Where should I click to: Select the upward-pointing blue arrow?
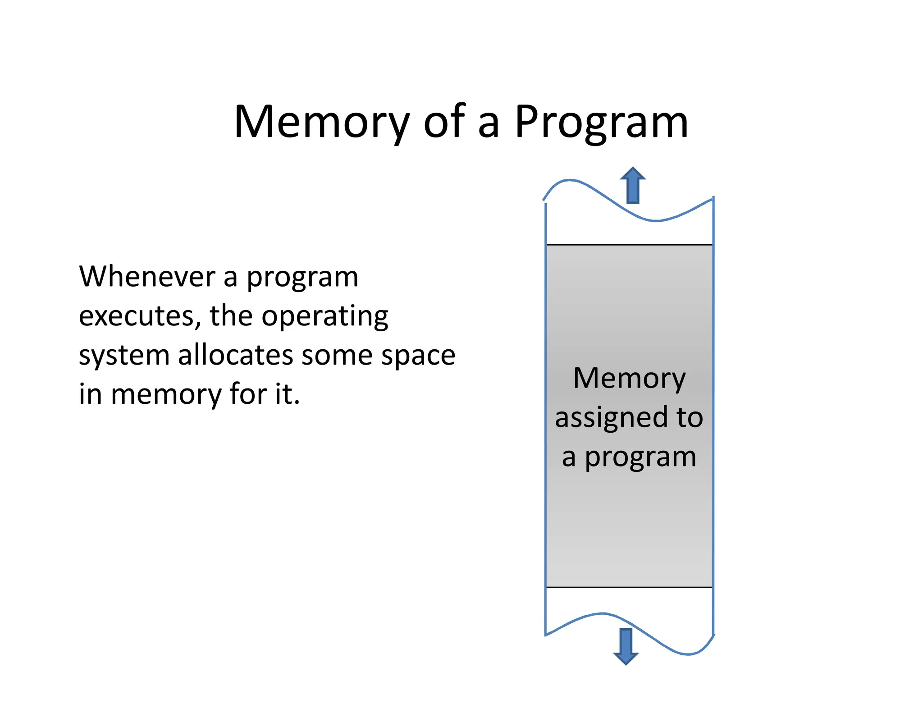tap(633, 185)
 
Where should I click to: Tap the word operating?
tap(325, 316)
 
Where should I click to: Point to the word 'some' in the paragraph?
tap(337, 356)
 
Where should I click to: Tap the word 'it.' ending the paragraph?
tap(288, 394)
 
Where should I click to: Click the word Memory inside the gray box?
tap(629, 378)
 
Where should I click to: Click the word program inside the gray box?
tap(640, 457)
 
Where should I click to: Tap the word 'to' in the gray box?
tap(690, 417)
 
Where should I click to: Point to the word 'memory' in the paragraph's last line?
tap(166, 394)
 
